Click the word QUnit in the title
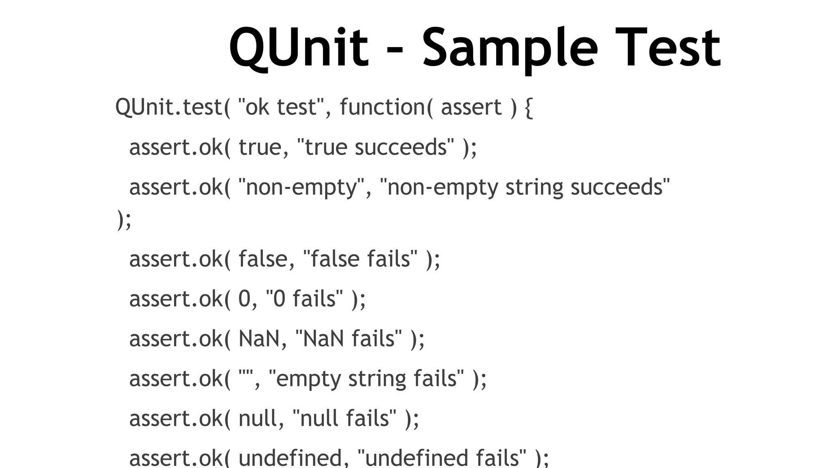(x=299, y=48)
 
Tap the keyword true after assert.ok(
(x=260, y=147)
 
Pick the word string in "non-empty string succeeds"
(x=534, y=187)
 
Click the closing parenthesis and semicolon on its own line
(x=124, y=220)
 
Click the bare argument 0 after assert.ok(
(x=244, y=299)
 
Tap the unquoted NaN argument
(x=259, y=338)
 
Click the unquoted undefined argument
(x=291, y=458)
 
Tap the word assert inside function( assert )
(x=471, y=107)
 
